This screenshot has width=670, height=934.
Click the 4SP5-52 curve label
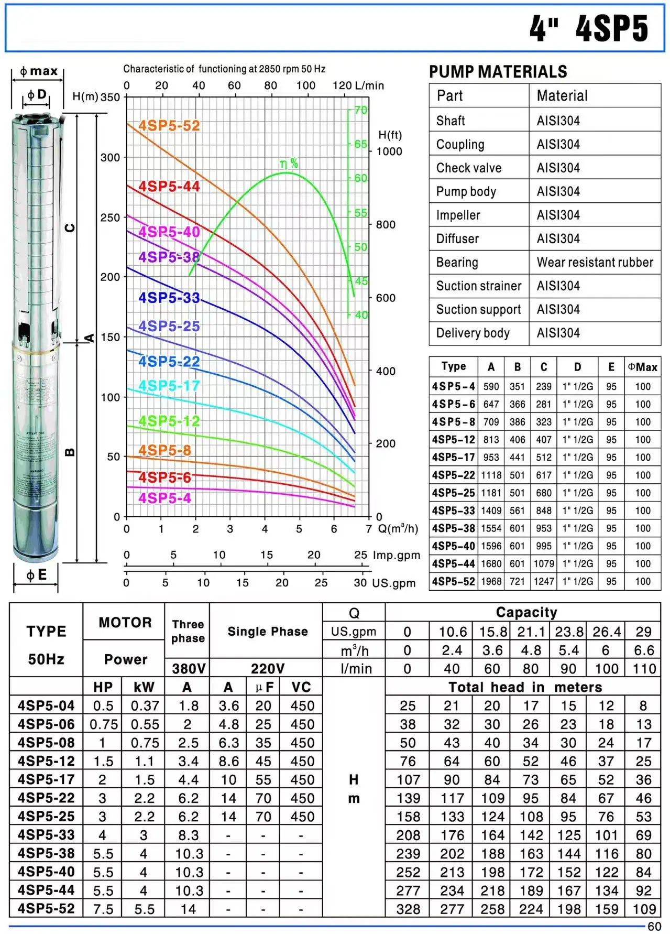(x=169, y=126)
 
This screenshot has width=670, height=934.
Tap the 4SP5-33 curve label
(x=169, y=298)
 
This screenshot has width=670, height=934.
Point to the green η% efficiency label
(x=289, y=164)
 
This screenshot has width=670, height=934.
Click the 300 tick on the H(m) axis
(x=110, y=157)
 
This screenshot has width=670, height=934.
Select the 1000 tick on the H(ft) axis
(x=389, y=151)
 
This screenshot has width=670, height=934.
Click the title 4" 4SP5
(x=589, y=28)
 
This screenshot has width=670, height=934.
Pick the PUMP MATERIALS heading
(x=498, y=72)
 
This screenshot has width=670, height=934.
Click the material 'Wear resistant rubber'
(x=595, y=262)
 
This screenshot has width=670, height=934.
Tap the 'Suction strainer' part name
(x=478, y=286)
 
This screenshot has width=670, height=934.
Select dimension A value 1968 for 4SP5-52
(x=491, y=581)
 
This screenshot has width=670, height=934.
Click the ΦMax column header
(x=642, y=367)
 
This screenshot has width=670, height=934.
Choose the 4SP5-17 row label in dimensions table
(x=453, y=457)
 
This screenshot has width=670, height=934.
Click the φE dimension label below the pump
(x=37, y=575)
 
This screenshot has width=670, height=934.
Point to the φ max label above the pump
(x=38, y=71)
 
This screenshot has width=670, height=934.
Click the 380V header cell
(x=188, y=668)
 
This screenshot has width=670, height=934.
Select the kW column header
(x=144, y=687)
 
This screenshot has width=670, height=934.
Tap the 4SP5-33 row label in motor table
(x=46, y=834)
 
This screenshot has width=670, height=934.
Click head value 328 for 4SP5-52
(x=408, y=909)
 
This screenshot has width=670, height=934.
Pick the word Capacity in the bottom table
(x=526, y=612)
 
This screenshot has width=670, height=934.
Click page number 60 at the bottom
(x=654, y=927)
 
